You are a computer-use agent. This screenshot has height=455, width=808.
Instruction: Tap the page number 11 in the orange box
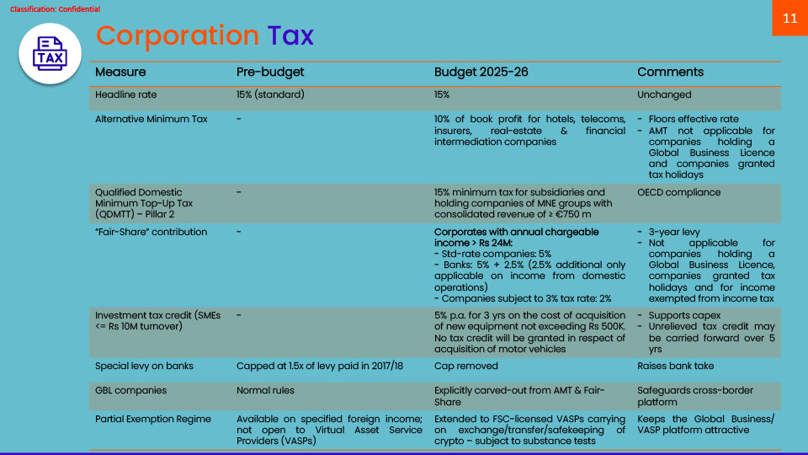[x=789, y=19]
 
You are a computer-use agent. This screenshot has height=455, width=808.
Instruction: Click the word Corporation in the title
[x=178, y=35]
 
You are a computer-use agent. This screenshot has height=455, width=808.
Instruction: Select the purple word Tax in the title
[x=290, y=35]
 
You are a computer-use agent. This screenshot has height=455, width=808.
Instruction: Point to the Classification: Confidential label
[x=55, y=9]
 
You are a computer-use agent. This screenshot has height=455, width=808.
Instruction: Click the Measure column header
[x=120, y=72]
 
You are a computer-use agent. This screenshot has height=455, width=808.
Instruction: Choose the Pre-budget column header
[x=270, y=72]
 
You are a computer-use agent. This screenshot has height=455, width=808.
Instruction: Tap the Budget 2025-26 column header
[x=481, y=72]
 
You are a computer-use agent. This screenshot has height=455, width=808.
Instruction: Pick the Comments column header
[x=671, y=72]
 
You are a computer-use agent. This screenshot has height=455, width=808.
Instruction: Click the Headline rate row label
[x=126, y=95]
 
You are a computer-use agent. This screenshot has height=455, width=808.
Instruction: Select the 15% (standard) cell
[x=270, y=95]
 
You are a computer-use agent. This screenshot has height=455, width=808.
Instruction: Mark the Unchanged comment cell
[x=664, y=95]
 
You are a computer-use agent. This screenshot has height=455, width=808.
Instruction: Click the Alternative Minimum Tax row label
[x=151, y=120]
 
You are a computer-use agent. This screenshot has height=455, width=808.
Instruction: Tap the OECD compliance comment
[x=678, y=192]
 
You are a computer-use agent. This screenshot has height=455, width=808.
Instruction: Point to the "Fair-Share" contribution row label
[x=151, y=232]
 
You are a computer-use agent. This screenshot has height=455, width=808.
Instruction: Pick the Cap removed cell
[x=465, y=367]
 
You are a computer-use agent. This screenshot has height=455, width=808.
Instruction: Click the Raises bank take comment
[x=676, y=367]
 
